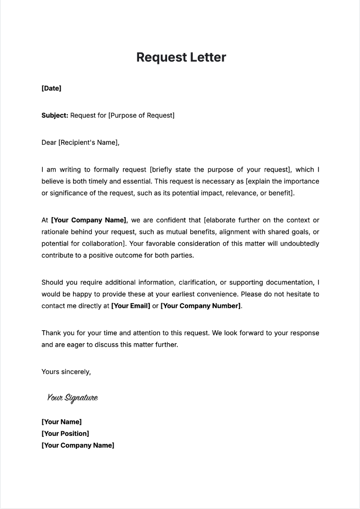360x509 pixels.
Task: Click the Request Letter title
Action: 181,57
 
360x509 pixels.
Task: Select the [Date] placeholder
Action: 51,88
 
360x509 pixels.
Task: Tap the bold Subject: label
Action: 55,115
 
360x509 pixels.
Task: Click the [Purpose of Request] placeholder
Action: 141,115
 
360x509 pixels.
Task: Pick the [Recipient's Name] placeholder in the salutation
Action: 89,143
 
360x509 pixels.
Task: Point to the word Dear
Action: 49,143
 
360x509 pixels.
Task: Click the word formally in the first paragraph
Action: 106,170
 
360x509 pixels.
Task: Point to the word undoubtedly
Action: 297,244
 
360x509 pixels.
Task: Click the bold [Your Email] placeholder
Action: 131,306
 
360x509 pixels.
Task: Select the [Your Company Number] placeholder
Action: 200,306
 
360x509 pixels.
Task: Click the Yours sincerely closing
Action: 66,372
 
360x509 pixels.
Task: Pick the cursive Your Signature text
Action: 72,398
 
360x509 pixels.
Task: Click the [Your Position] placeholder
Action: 65,434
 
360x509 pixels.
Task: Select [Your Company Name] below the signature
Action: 78,445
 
